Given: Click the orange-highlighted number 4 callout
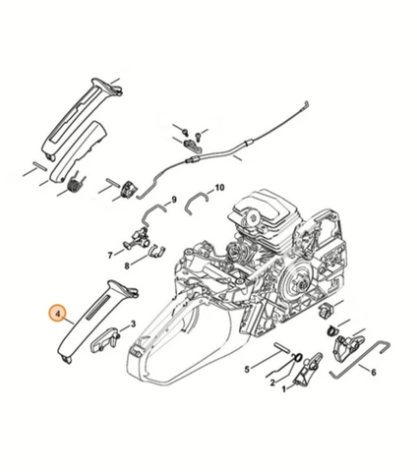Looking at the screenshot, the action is pyautogui.click(x=58, y=314).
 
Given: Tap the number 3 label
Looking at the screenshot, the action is pyautogui.click(x=133, y=324).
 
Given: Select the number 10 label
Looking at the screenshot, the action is pyautogui.click(x=219, y=188).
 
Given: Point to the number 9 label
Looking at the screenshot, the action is pyautogui.click(x=174, y=199).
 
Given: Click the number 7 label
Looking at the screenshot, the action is pyautogui.click(x=110, y=255).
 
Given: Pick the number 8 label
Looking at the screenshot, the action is pyautogui.click(x=127, y=265).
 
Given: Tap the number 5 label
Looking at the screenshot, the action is pyautogui.click(x=247, y=370).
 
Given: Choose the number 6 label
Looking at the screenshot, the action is pyautogui.click(x=374, y=373).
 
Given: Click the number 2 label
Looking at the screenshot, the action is pyautogui.click(x=272, y=383).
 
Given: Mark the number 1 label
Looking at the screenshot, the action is pyautogui.click(x=284, y=389).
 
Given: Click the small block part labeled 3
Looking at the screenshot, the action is pyautogui.click(x=104, y=339).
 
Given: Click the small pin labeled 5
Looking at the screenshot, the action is pyautogui.click(x=282, y=347).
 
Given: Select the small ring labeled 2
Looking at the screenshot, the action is pyautogui.click(x=297, y=357).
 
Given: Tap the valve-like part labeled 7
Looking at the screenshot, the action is pyautogui.click(x=137, y=240).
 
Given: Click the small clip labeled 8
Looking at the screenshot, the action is pyautogui.click(x=156, y=251).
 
